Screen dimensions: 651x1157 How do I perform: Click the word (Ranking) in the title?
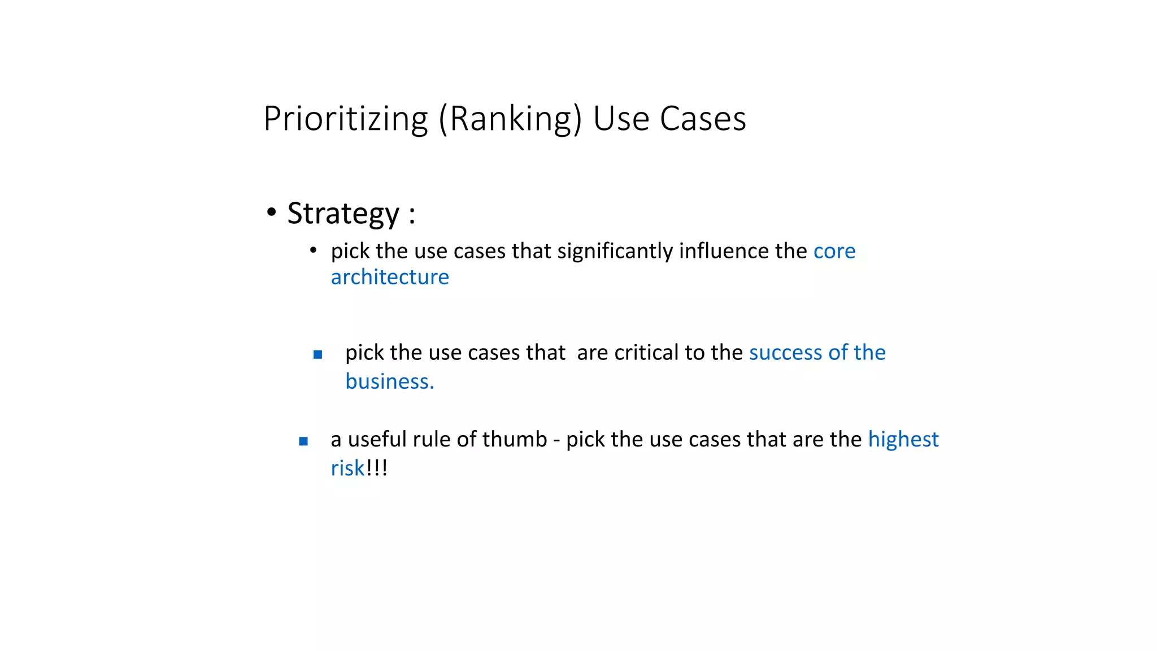click(510, 119)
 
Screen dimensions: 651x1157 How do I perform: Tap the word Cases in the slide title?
click(703, 119)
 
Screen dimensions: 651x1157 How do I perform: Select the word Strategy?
click(343, 214)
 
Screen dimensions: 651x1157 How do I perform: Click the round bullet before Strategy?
click(272, 212)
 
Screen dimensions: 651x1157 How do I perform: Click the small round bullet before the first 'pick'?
click(314, 250)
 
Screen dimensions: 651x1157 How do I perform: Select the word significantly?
click(615, 251)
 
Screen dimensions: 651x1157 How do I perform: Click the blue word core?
click(834, 251)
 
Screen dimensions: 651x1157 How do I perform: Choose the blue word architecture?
click(390, 277)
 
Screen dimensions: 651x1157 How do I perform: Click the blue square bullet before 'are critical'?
click(317, 355)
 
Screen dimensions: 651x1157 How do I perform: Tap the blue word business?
click(389, 381)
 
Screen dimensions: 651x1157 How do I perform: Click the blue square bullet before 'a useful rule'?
click(303, 441)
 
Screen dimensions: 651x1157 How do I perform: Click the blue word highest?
click(903, 439)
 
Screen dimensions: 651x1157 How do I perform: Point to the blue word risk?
click(347, 468)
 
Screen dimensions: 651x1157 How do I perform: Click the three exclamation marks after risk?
click(377, 468)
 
